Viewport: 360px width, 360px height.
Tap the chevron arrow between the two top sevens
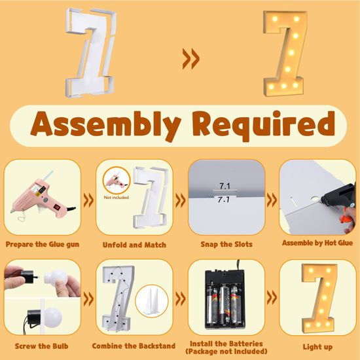(x=190, y=60)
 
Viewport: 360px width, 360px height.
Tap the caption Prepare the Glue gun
(x=43, y=244)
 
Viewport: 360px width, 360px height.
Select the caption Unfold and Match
(x=134, y=244)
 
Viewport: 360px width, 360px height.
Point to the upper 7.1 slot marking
(x=225, y=187)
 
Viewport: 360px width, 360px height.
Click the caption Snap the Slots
(x=226, y=244)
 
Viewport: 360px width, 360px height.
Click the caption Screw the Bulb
(x=43, y=345)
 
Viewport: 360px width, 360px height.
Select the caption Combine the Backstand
(x=134, y=345)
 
